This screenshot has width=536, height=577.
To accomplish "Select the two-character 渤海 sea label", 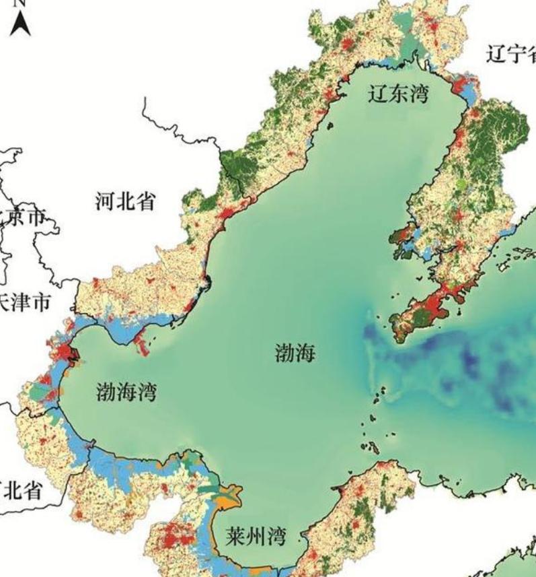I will [295, 352].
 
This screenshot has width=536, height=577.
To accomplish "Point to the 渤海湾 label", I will [126, 391].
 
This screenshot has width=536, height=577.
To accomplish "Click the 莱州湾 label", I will [256, 536].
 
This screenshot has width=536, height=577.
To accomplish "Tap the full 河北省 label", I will [126, 201].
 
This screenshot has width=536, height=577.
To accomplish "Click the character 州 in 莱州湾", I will [256, 536].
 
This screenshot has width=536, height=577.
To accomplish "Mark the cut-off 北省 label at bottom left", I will [22, 489].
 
